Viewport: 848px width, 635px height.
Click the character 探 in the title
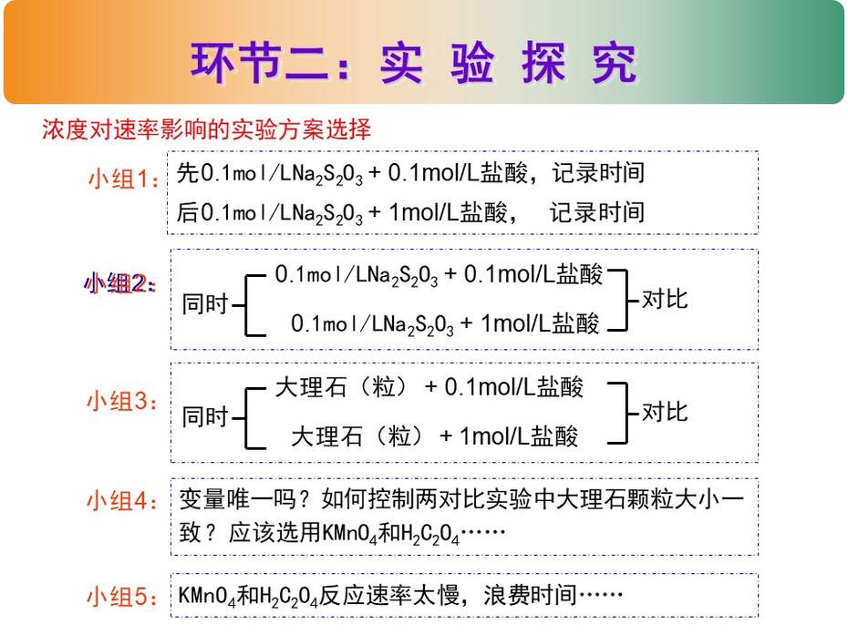543,63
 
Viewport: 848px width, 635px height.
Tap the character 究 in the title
615,63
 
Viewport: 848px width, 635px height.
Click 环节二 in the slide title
259,63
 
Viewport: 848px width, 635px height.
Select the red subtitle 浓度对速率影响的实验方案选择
207,129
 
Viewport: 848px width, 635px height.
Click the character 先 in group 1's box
188,173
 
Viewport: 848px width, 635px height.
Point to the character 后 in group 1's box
188,212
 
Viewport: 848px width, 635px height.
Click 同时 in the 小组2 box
205,303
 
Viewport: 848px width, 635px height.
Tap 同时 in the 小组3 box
205,416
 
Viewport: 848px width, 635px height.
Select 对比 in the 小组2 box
665,299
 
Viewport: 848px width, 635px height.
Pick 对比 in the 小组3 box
665,412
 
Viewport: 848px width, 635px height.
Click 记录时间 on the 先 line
598,173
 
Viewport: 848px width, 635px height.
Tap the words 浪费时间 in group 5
530,596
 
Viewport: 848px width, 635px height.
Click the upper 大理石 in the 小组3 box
311,387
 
